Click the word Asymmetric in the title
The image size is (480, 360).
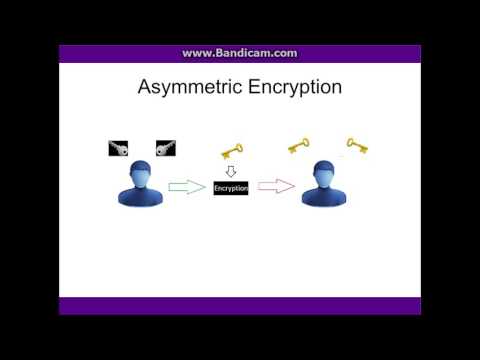coord(184,88)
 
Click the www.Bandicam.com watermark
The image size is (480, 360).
coord(239,53)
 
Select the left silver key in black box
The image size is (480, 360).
coord(118,149)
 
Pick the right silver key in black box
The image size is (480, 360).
coord(166,149)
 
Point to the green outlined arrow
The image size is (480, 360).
coord(187,187)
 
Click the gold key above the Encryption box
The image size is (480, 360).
coord(231,152)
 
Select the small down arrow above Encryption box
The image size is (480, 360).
coord(230,171)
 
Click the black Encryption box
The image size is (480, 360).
coord(231,188)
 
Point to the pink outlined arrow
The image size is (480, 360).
coord(276,187)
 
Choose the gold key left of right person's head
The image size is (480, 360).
coord(298,146)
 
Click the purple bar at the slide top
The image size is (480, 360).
coord(240,54)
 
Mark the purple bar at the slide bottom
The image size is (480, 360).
coord(240,305)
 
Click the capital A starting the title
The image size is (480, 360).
coord(144,88)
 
